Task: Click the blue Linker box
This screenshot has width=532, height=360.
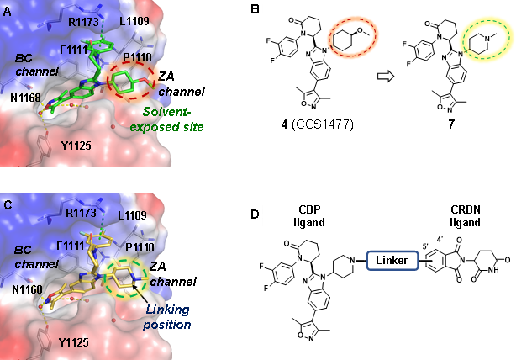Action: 391,262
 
